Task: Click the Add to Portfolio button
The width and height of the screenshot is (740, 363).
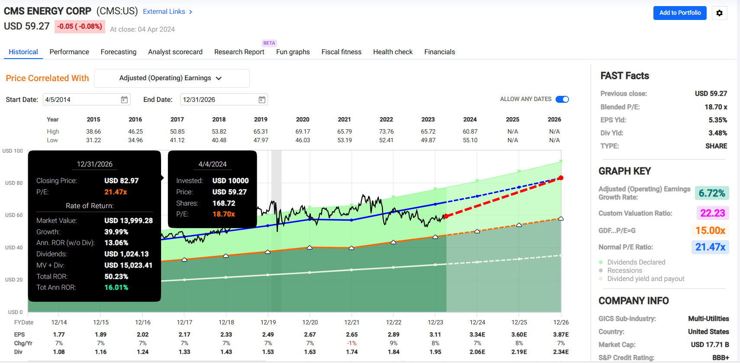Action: pos(680,13)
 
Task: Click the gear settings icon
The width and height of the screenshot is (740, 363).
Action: pos(719,13)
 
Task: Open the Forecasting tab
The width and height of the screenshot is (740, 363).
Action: pos(118,52)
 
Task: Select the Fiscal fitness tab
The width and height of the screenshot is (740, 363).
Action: pos(341,52)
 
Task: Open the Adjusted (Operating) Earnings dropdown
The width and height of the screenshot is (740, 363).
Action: pos(171,78)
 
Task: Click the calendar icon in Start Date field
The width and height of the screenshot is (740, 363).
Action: pos(124,100)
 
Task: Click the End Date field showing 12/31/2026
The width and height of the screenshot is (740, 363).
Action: pos(217,100)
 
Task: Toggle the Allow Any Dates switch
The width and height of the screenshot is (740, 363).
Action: pos(562,99)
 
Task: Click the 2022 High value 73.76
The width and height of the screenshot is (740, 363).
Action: pos(386,131)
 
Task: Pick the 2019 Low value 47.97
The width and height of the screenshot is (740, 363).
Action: pos(261,140)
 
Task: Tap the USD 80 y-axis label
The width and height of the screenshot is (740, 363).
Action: pos(14,183)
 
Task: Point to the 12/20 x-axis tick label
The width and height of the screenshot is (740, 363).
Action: pos(310,322)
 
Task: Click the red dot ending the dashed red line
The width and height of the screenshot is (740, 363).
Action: pos(561,178)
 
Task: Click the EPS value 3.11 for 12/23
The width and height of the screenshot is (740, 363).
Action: pos(435,334)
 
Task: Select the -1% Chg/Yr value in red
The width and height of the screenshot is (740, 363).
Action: pos(352,343)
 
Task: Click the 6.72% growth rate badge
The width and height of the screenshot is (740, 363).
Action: pos(711,193)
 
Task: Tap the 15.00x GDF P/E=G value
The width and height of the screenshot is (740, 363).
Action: pos(710,230)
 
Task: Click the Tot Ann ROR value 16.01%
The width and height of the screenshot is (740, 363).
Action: pos(116,288)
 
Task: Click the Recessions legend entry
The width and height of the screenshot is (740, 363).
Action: pos(624,271)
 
